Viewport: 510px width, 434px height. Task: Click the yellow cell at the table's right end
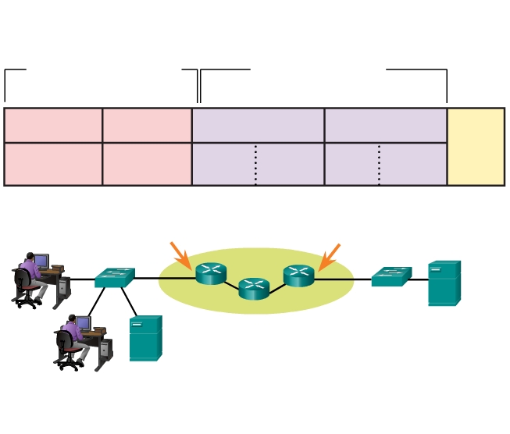click(x=476, y=147)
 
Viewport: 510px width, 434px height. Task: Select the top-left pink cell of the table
click(x=53, y=126)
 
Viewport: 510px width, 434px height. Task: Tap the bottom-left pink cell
click(x=53, y=164)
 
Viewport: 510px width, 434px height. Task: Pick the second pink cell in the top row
click(x=147, y=126)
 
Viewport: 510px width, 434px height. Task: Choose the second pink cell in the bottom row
click(x=147, y=164)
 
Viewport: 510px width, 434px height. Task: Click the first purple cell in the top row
click(x=258, y=126)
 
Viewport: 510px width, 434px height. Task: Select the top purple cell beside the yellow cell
click(x=385, y=126)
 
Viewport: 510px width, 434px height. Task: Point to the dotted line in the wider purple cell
click(x=255, y=164)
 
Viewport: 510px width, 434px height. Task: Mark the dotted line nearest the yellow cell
click(x=379, y=164)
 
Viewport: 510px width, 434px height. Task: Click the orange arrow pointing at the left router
click(x=180, y=254)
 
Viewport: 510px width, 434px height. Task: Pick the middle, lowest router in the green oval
click(x=254, y=288)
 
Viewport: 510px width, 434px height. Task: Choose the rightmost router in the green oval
click(x=298, y=275)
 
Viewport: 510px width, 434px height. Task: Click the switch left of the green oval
click(x=115, y=277)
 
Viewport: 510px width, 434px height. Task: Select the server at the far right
click(x=444, y=283)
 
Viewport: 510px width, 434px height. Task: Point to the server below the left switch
click(x=145, y=338)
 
